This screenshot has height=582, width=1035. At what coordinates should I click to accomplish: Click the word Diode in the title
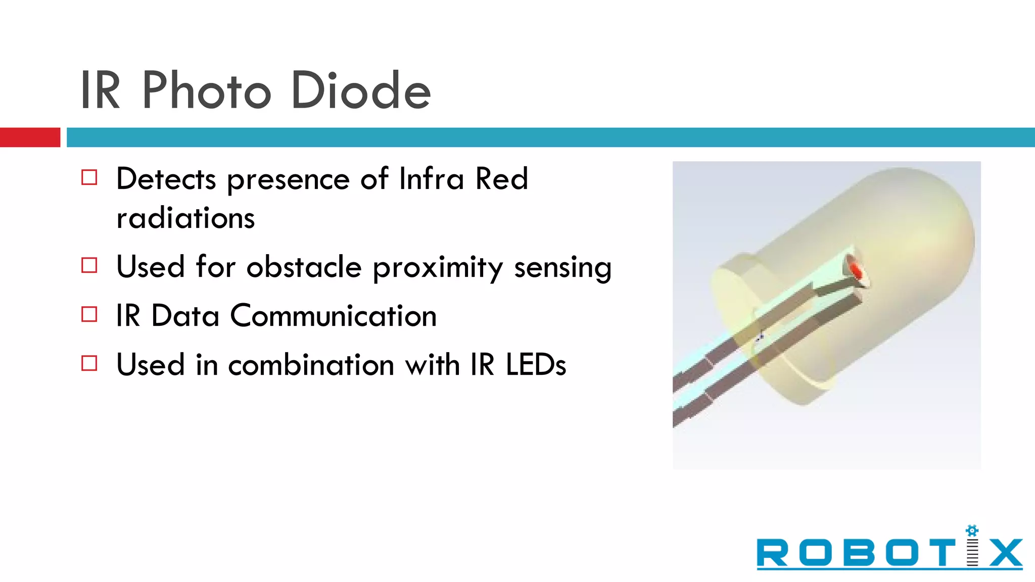361,91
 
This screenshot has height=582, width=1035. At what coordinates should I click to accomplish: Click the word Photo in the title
207,91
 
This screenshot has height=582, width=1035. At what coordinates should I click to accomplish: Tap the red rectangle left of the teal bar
30,137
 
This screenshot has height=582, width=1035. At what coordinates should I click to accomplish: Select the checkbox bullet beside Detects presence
89,178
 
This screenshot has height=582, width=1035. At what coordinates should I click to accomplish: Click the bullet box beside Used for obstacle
89,265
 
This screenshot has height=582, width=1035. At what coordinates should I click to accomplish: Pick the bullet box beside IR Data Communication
89,314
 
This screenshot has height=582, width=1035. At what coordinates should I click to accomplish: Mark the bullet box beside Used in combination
89,363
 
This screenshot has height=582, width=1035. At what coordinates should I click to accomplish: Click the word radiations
185,218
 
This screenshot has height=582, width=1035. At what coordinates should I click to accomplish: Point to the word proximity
438,267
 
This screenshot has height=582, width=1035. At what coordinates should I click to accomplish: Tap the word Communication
334,316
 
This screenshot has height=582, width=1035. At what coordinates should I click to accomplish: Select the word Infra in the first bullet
431,179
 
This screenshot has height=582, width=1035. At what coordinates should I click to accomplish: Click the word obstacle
304,266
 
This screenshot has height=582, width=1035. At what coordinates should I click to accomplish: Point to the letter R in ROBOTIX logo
772,553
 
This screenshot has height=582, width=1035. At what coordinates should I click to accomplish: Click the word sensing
562,267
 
